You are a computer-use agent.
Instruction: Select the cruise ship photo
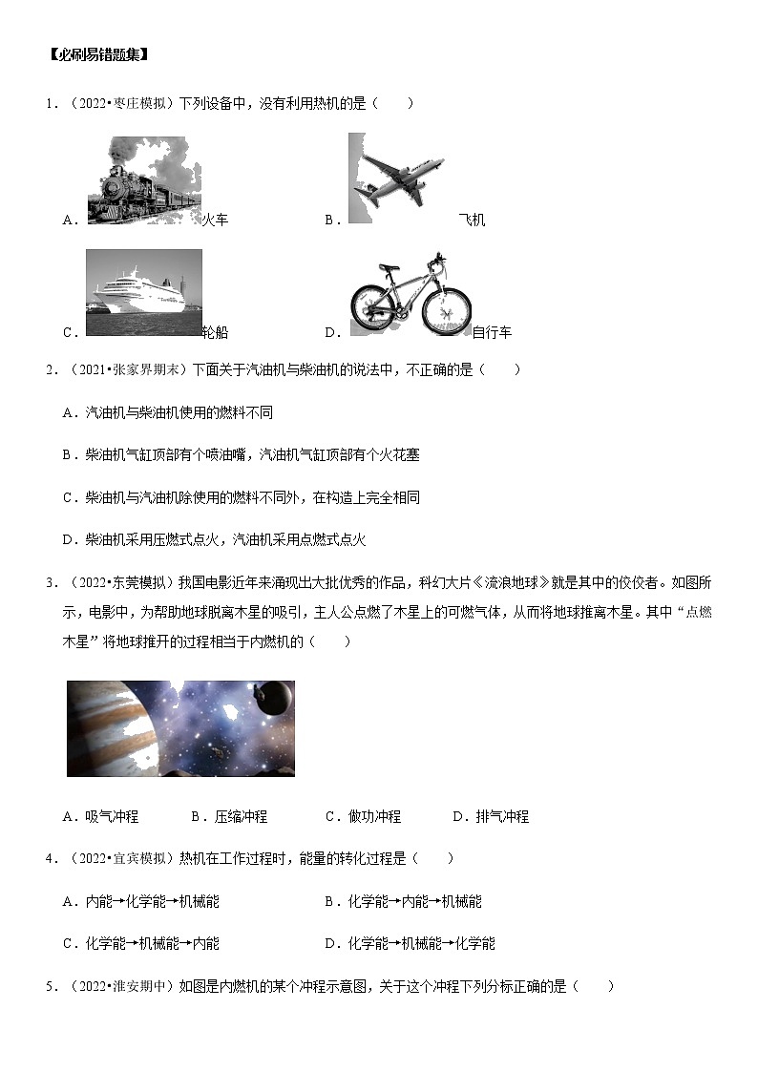pyautogui.click(x=143, y=292)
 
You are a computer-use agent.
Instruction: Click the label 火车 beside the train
pyautogui.click(x=215, y=221)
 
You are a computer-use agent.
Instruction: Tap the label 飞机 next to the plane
pyautogui.click(x=472, y=221)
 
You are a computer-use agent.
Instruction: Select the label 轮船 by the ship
pyautogui.click(x=215, y=332)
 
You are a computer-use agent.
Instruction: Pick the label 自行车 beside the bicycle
pyautogui.click(x=492, y=332)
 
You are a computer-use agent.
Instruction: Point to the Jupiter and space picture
pyautogui.click(x=180, y=728)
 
